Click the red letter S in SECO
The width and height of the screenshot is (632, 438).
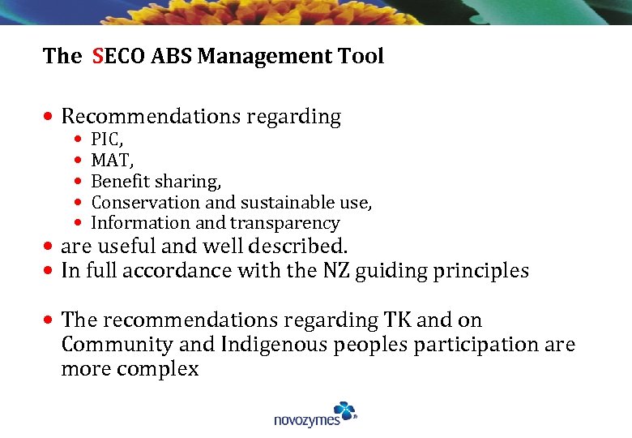[x=97, y=56]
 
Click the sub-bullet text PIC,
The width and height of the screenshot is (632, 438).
[x=107, y=140]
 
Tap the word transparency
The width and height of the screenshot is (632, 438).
[x=284, y=223]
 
